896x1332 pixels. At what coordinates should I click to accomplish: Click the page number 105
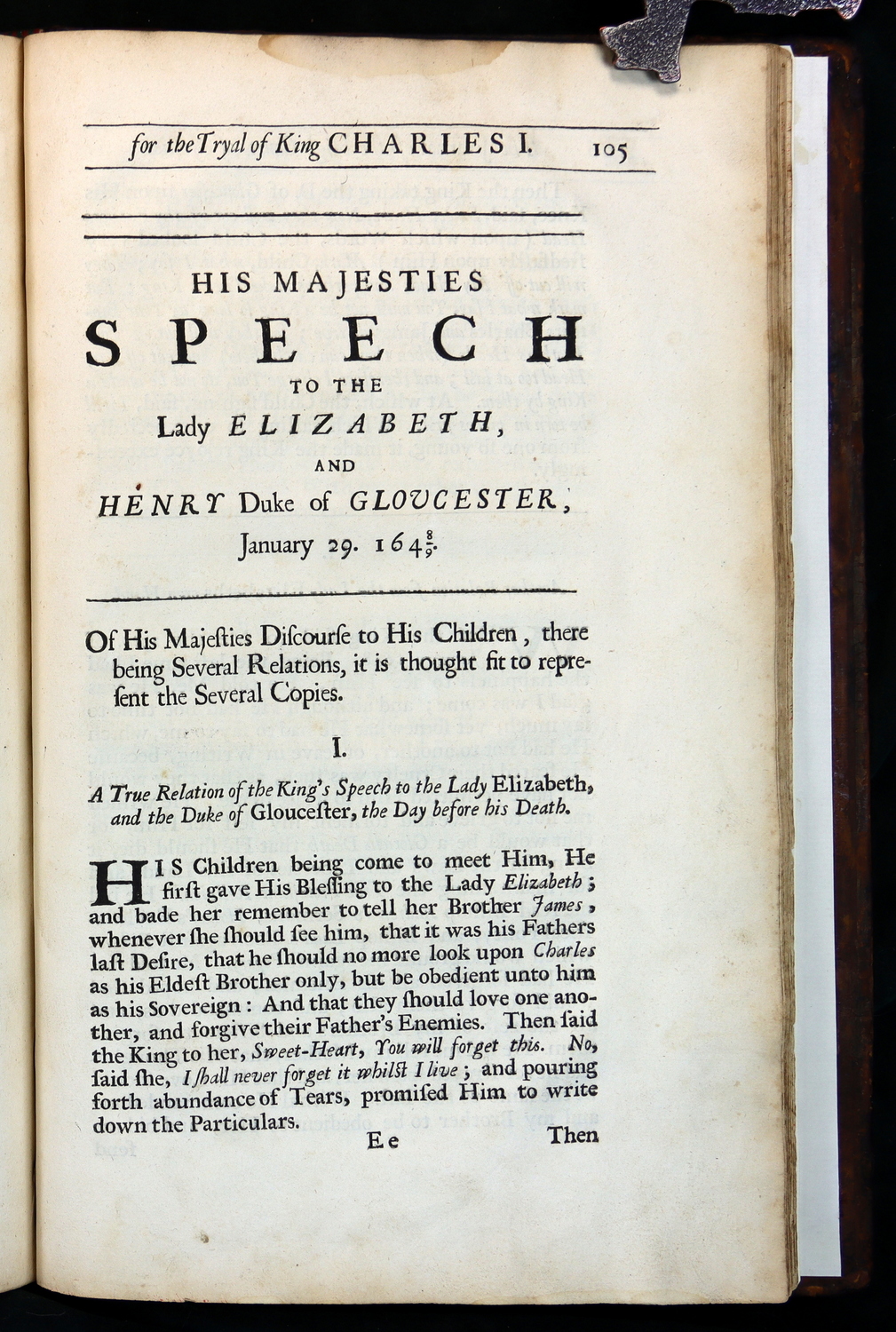pyautogui.click(x=610, y=150)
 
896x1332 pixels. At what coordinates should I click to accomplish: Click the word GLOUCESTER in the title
pyautogui.click(x=453, y=500)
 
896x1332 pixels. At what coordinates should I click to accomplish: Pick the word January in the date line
pyautogui.click(x=275, y=543)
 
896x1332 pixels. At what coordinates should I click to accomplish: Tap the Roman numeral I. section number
pyautogui.click(x=337, y=749)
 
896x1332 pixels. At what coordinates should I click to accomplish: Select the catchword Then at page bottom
pyautogui.click(x=573, y=1136)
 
